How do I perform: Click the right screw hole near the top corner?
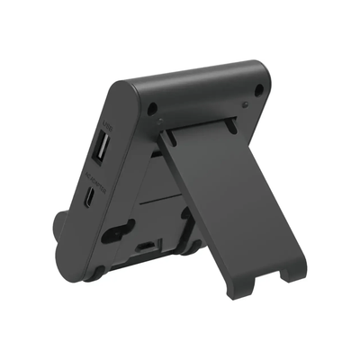(x=258, y=89)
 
